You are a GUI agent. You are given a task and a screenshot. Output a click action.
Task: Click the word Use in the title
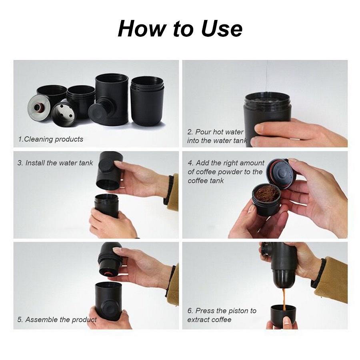click(x=221, y=29)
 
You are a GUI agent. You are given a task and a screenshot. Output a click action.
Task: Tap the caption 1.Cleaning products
click(x=50, y=139)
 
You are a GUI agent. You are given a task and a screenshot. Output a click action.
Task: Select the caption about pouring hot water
click(x=217, y=136)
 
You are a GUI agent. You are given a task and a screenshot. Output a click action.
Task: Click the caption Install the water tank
click(x=55, y=163)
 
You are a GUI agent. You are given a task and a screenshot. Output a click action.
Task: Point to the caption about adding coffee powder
click(x=226, y=172)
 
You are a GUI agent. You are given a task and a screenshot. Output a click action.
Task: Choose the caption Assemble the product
click(x=57, y=319)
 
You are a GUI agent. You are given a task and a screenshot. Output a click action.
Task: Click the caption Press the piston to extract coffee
click(x=222, y=315)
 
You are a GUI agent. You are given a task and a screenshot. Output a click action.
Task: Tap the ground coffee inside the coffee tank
click(x=266, y=192)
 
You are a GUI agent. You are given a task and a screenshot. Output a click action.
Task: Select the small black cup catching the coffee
click(x=283, y=314)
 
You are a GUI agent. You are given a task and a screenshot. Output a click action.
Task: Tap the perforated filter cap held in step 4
click(x=280, y=174)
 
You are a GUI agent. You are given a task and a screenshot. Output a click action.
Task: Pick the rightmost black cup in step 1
click(x=147, y=101)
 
